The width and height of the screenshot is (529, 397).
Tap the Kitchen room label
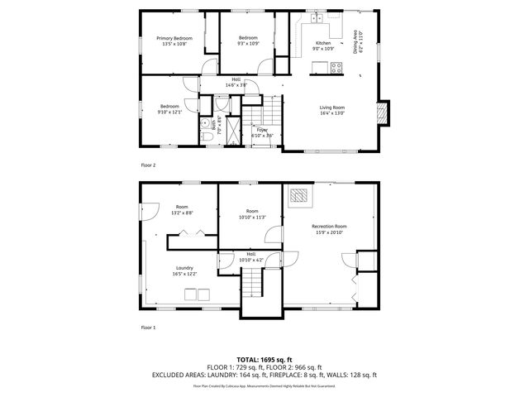pos(323,43)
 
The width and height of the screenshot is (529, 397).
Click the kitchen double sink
pos(317,18)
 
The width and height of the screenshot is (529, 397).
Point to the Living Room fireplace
pos(381,112)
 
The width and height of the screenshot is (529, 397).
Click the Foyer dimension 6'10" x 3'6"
pos(262,135)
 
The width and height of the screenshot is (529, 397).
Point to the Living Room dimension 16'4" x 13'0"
pos(332,113)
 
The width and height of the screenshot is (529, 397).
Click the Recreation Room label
pos(329,226)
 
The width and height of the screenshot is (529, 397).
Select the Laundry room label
pos(184,267)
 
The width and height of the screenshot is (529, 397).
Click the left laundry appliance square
pos(189,293)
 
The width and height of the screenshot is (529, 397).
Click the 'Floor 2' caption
pos(148,165)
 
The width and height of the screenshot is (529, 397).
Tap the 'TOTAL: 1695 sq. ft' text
pos(264,359)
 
